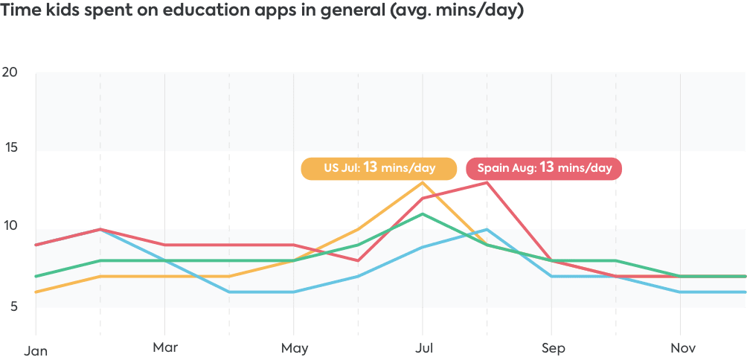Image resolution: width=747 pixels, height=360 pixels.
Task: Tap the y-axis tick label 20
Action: point(10,73)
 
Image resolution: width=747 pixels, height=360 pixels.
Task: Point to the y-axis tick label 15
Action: point(10,147)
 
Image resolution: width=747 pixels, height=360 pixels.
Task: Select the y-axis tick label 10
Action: point(10,225)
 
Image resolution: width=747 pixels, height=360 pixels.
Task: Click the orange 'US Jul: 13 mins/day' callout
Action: point(379,168)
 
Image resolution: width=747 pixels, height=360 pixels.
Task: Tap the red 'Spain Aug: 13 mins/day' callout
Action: point(544,168)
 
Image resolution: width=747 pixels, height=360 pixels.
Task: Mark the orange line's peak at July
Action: point(423,182)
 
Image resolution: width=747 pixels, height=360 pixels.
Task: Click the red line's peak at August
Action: point(487,181)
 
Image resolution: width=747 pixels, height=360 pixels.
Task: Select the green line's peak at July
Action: point(423,213)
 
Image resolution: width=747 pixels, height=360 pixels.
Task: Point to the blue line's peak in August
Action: point(487,230)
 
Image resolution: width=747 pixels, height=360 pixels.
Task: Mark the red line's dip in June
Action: point(358,260)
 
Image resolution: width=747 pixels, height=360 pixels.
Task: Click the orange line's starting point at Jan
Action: point(36,292)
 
